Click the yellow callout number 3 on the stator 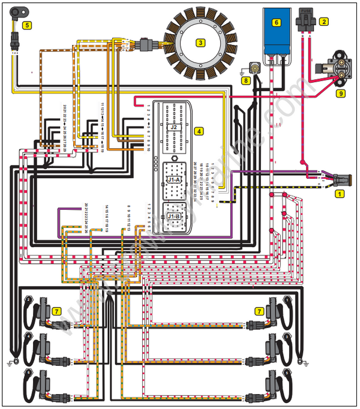click(x=201, y=43)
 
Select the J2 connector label click(x=173, y=127)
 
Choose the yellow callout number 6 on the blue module click(x=277, y=22)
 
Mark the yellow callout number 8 click(x=245, y=79)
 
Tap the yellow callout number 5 click(x=27, y=25)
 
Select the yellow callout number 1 click(x=340, y=193)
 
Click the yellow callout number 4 click(x=199, y=130)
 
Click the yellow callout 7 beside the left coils click(x=56, y=311)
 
